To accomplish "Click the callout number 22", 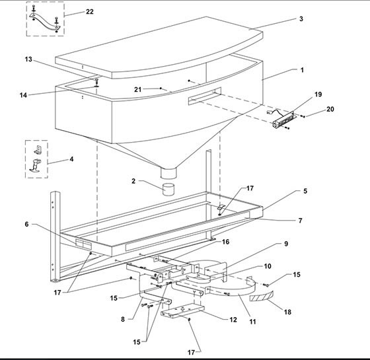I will (90, 13).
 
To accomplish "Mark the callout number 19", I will (318, 94).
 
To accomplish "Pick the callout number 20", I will (330, 109).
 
